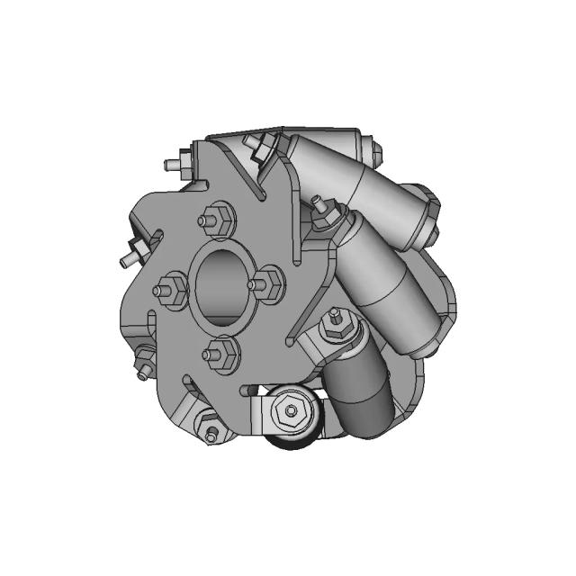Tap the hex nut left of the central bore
pos(170,291)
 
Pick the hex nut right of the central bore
pos(266,285)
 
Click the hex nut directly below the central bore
pos(220,354)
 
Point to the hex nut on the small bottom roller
pos(291,411)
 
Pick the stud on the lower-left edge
pos(141,366)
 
